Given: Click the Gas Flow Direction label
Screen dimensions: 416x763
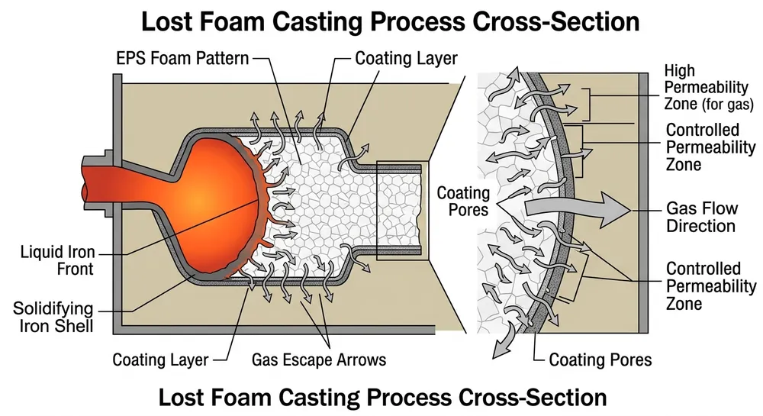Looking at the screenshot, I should [x=700, y=217].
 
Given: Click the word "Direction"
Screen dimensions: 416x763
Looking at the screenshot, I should [x=700, y=226].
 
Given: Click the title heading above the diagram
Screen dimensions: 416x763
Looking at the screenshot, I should [x=381, y=21].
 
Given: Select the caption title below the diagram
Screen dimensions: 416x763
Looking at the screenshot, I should [x=381, y=397].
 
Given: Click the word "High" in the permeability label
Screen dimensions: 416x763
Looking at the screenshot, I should [x=679, y=70].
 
